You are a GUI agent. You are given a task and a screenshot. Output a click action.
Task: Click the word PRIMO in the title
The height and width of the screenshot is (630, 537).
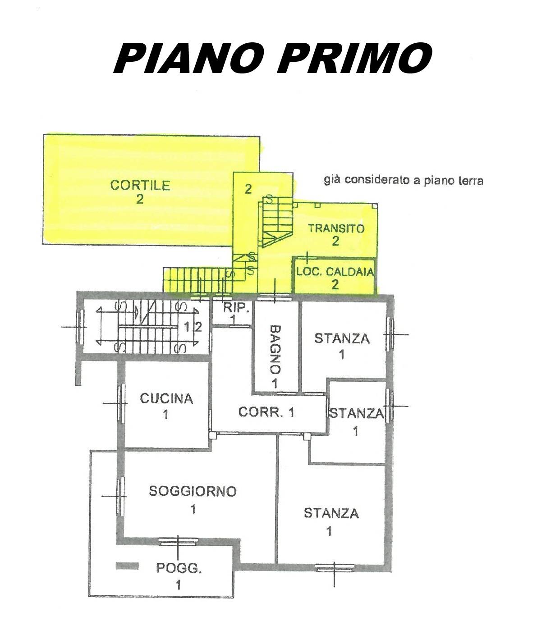click(354, 58)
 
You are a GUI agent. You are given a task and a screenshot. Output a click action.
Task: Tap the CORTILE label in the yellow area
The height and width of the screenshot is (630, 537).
click(140, 185)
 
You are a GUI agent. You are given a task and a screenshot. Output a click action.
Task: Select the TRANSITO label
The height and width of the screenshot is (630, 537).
click(336, 228)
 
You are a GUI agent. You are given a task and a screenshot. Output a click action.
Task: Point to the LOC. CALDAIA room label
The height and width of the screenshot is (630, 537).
click(335, 272)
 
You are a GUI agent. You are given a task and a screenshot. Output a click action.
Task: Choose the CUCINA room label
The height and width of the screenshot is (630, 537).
click(166, 399)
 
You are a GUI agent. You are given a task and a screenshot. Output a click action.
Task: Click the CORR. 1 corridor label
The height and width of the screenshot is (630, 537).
click(266, 412)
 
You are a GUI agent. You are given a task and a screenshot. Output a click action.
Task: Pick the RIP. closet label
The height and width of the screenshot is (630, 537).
click(237, 308)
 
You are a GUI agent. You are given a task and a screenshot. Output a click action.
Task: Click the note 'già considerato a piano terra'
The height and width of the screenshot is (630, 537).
click(404, 180)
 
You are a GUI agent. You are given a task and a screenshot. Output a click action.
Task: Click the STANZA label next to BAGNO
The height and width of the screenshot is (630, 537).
click(342, 338)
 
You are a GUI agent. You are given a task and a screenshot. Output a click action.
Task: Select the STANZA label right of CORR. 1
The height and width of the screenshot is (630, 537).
click(357, 414)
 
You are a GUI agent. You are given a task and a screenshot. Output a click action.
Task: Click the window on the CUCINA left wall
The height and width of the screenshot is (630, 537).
click(121, 403)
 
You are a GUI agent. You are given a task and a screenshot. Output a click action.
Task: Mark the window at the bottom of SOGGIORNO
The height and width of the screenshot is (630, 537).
click(178, 542)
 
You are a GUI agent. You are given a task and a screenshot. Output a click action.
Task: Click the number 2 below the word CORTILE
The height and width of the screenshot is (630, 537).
click(140, 199)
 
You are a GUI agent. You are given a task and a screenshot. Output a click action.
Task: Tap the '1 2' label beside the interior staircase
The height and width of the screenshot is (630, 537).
click(193, 327)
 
